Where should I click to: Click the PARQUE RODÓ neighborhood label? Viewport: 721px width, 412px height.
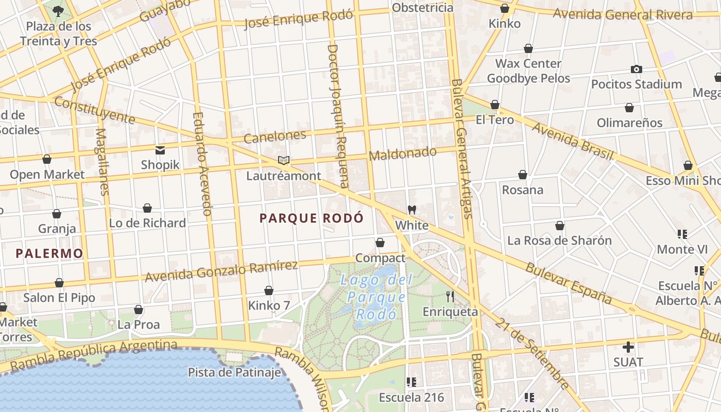(312, 218)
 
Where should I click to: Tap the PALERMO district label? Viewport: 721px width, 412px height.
(49, 253)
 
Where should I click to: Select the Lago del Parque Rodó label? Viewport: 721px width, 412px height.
(376, 297)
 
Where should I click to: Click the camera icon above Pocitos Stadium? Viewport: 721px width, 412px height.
(637, 69)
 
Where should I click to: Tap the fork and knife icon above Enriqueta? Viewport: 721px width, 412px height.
(450, 297)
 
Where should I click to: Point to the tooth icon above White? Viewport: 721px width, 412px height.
(411, 210)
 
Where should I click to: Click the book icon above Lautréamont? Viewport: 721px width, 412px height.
(283, 160)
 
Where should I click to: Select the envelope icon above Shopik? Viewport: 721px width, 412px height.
(160, 150)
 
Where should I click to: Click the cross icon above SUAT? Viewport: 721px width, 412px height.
(628, 347)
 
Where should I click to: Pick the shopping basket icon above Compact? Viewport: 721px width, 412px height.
(380, 243)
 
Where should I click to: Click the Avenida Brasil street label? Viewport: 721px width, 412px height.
(572, 141)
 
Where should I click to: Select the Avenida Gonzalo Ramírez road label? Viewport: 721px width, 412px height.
(221, 271)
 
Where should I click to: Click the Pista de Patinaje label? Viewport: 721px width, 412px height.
(234, 372)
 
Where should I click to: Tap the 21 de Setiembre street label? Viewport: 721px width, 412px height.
(533, 353)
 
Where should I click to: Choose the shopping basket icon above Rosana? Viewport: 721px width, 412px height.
(523, 175)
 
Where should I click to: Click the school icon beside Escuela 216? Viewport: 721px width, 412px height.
(411, 382)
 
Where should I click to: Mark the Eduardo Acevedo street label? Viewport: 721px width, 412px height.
(201, 164)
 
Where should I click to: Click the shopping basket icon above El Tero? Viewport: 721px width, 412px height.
(495, 105)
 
